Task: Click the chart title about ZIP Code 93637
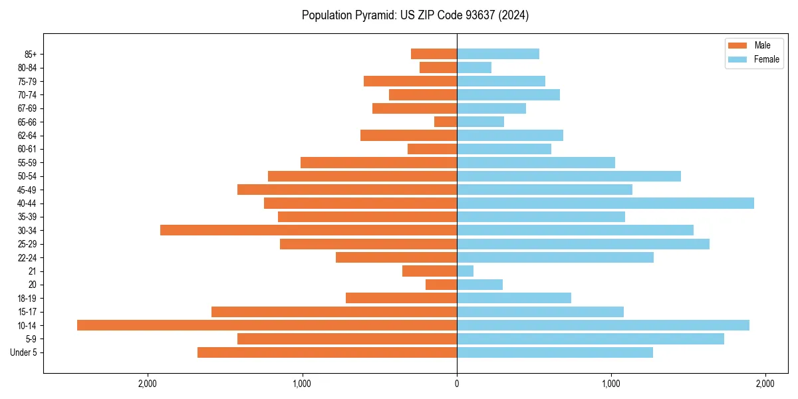tap(415, 15)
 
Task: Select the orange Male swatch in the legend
tap(737, 45)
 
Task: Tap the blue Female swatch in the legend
tap(737, 59)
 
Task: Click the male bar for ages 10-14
tap(267, 325)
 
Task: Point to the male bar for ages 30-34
tap(309, 230)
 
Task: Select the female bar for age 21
tap(465, 271)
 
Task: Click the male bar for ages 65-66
tap(446, 122)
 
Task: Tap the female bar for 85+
tap(498, 54)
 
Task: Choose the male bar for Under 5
tap(327, 352)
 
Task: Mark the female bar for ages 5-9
tap(591, 338)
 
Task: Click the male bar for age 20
tap(442, 285)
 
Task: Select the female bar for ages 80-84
tap(474, 67)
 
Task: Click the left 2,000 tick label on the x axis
tap(147, 384)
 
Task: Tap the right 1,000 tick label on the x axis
tap(611, 384)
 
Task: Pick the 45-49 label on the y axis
tap(27, 190)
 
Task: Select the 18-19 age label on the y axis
tap(27, 298)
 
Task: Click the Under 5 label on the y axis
tap(23, 352)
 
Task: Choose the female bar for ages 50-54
tap(569, 176)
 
